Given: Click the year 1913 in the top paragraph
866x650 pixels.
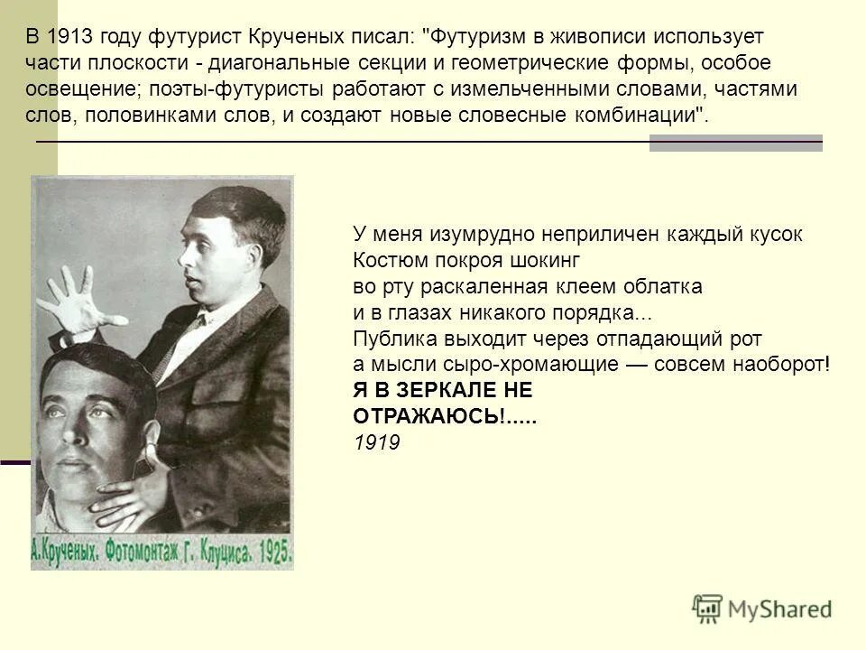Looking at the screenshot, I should [67, 37].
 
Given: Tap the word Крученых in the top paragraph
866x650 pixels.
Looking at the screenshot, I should [288, 37].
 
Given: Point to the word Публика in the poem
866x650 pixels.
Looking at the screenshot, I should [388, 339].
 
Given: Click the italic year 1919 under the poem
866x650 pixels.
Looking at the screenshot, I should [375, 442].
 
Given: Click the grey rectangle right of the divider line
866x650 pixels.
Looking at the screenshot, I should [735, 143].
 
